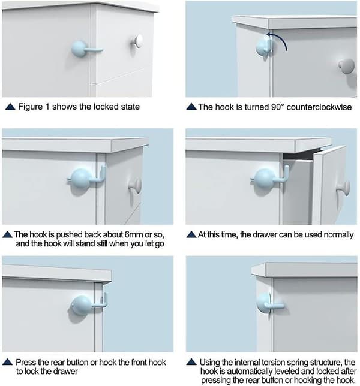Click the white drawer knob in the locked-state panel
click(137, 41)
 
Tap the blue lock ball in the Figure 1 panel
click(79, 49)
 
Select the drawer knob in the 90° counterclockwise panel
click(346, 66)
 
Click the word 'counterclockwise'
click(319, 107)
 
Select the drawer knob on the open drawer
click(343, 188)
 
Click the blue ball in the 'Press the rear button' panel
click(82, 306)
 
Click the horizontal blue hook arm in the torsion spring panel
click(274, 306)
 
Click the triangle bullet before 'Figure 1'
click(10, 107)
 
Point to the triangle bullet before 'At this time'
click(191, 234)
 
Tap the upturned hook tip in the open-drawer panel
click(286, 171)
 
